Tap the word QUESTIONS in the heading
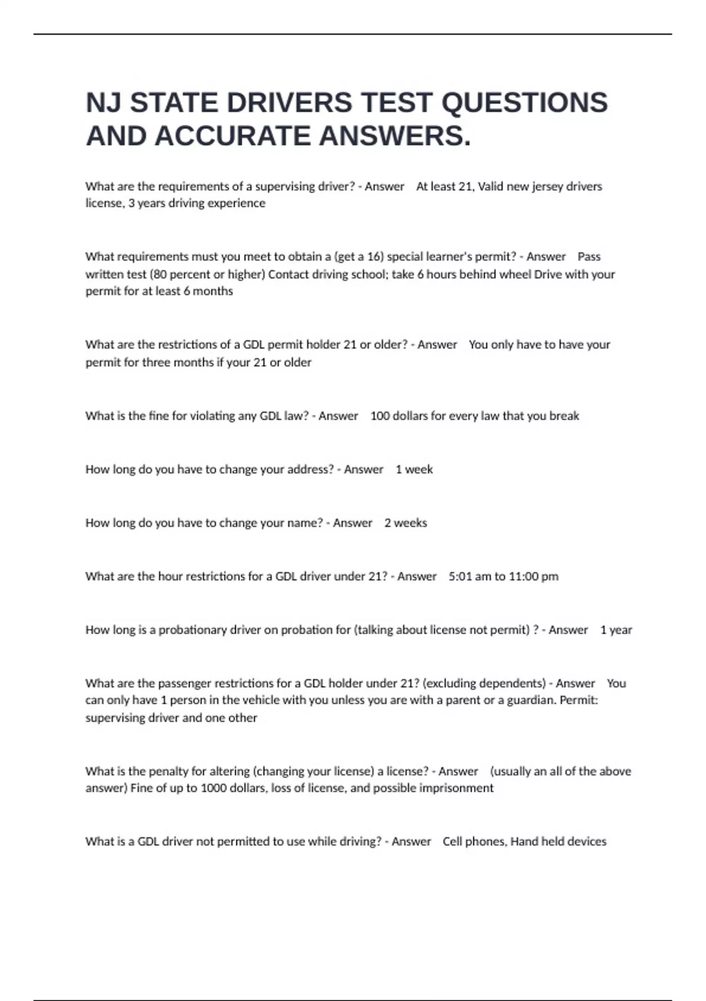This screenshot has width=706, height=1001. [x=524, y=103]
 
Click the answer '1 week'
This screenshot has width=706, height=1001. [x=414, y=469]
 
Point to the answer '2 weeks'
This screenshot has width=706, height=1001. [x=405, y=523]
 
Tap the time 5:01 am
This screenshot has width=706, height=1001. [x=469, y=576]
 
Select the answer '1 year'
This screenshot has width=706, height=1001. [x=616, y=630]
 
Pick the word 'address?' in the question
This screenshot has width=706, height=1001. [x=310, y=469]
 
